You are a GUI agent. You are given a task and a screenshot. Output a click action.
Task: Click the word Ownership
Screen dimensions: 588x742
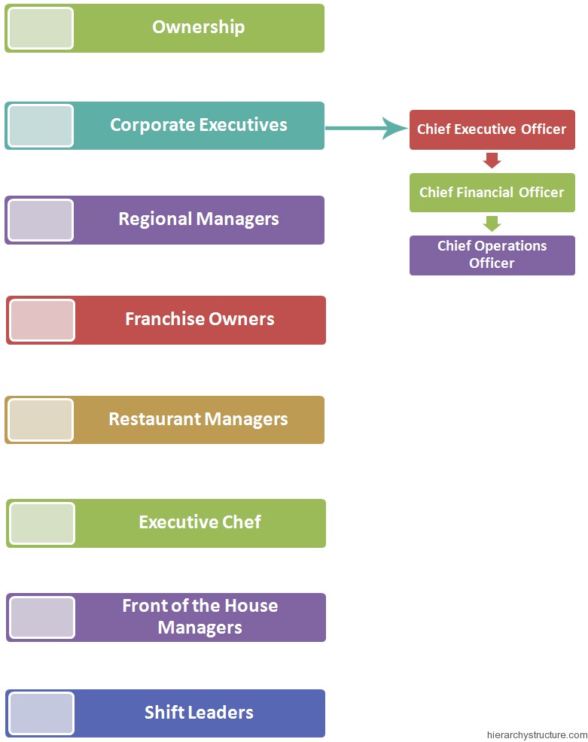[198, 27]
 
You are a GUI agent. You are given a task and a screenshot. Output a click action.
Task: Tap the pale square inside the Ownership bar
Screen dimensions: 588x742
[41, 29]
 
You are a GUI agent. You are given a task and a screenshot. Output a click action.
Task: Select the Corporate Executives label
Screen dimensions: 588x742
[198, 125]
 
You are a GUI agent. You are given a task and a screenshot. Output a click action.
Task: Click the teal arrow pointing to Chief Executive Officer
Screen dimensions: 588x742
[367, 128]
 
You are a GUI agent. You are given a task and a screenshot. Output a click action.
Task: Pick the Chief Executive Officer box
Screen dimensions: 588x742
[492, 129]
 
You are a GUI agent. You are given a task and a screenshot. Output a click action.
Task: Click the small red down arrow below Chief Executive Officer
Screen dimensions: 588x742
[492, 160]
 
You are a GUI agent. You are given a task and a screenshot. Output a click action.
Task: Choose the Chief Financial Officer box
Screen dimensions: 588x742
[492, 193]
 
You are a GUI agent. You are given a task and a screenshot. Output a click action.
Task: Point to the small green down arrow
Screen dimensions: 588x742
[492, 224]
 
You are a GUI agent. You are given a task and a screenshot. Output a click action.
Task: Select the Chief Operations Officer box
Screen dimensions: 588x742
[492, 256]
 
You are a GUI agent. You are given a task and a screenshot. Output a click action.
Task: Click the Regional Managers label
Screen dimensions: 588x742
[198, 220]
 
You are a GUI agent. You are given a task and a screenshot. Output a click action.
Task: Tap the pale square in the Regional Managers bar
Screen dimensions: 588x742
[41, 220]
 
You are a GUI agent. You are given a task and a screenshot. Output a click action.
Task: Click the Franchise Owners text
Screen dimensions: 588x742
[200, 319]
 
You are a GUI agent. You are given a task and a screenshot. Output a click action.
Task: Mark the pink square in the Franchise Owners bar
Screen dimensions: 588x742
[42, 320]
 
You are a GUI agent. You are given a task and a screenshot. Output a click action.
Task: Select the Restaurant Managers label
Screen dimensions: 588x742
[198, 419]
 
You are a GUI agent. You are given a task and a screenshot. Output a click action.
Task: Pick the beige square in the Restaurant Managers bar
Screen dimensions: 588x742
[41, 420]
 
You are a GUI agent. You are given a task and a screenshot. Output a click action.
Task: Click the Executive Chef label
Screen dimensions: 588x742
[200, 522]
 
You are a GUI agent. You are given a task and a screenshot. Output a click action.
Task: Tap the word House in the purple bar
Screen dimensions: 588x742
[251, 606]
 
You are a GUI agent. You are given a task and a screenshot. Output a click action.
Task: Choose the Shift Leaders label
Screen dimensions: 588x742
[199, 713]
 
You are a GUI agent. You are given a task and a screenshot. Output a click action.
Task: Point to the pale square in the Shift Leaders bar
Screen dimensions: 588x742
[41, 713]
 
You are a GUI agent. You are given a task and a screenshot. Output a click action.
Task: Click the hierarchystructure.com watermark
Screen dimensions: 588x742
[537, 735]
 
